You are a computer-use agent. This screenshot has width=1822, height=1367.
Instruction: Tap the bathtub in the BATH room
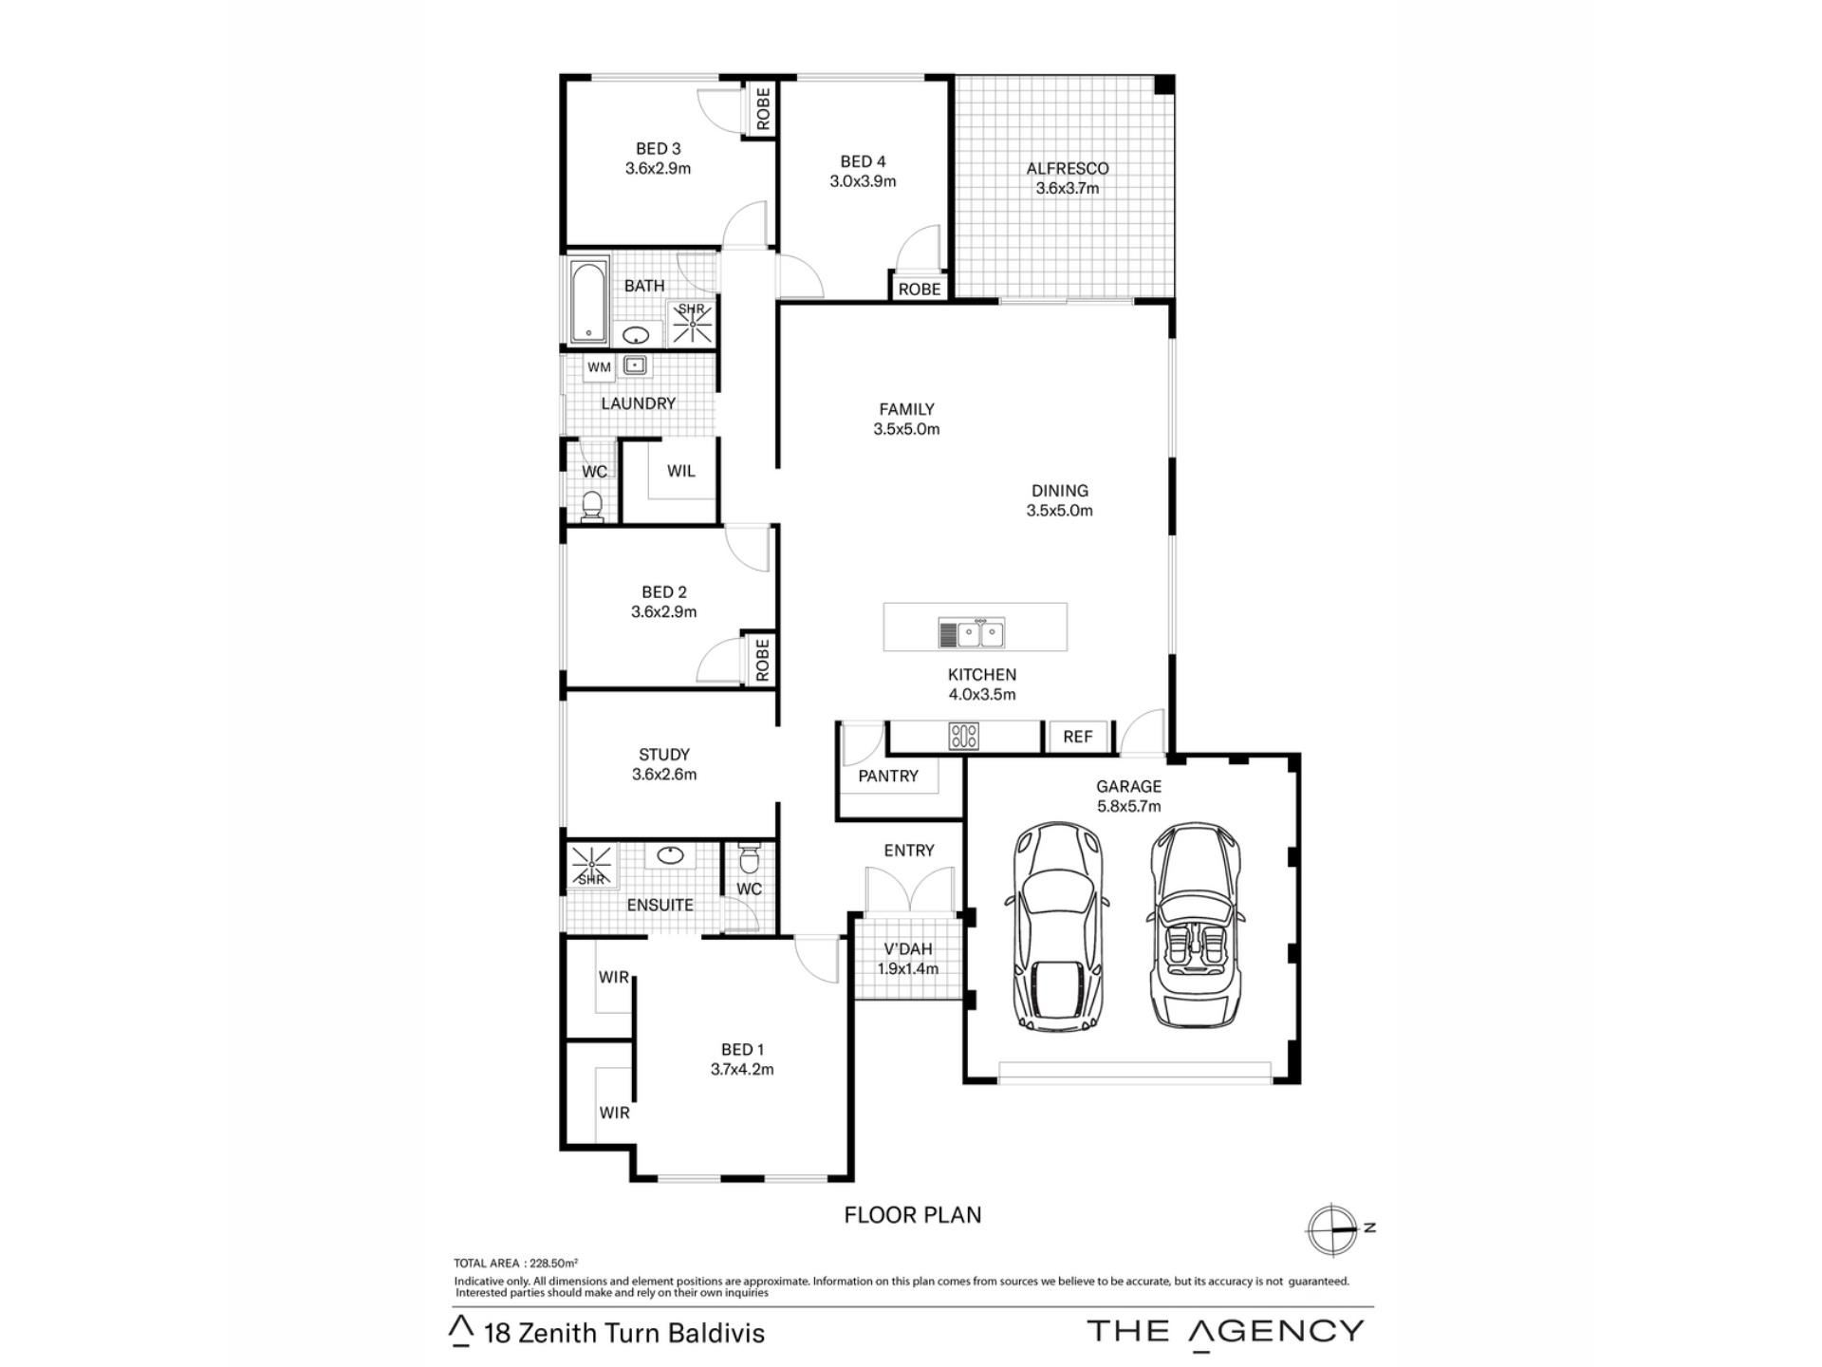pyautogui.click(x=589, y=301)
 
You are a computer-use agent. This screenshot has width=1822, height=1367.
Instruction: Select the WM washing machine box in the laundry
pyautogui.click(x=599, y=367)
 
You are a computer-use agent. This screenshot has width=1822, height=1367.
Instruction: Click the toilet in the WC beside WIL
pyautogui.click(x=591, y=506)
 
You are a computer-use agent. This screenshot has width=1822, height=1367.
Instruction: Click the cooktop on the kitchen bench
pyautogui.click(x=964, y=736)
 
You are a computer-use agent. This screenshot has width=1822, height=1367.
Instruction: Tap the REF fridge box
pyautogui.click(x=1078, y=737)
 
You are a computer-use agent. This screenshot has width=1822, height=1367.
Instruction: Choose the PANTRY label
pyautogui.click(x=888, y=777)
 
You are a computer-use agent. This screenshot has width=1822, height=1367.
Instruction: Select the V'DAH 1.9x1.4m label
pyautogui.click(x=908, y=959)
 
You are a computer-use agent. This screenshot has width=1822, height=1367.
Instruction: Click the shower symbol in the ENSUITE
pyautogui.click(x=591, y=865)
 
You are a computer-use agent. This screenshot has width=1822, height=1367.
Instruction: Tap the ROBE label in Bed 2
pyautogui.click(x=761, y=659)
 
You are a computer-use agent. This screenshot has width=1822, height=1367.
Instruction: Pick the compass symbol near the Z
pyautogui.click(x=1331, y=1229)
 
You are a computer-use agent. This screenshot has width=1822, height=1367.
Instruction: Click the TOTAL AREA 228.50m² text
pyautogui.click(x=516, y=1264)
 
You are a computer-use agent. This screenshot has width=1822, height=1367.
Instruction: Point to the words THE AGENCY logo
pyautogui.click(x=1226, y=1331)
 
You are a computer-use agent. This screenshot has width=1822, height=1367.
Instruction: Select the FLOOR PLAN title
pyautogui.click(x=913, y=1215)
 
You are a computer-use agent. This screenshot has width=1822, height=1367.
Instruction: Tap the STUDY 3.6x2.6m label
pyautogui.click(x=664, y=764)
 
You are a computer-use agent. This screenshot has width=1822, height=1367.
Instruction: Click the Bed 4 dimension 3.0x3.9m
pyautogui.click(x=863, y=181)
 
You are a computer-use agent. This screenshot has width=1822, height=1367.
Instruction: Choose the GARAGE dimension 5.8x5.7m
pyautogui.click(x=1128, y=807)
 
